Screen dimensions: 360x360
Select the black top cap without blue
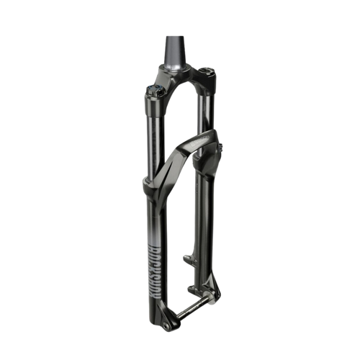[x=207, y=71]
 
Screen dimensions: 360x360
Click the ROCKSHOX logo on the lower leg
[x=153, y=271]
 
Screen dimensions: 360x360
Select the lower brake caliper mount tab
[x=194, y=288]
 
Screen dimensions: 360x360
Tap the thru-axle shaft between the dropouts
[x=189, y=307]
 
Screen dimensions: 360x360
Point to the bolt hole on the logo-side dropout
[x=165, y=325]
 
